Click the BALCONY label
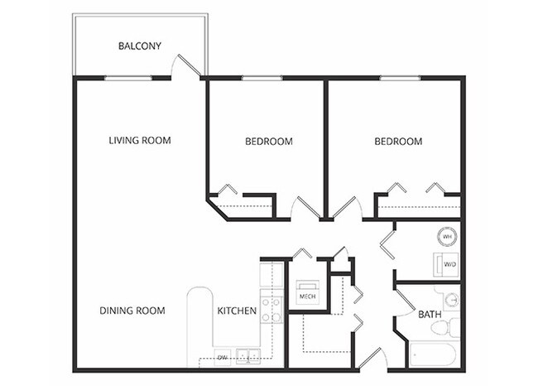click(x=139, y=46)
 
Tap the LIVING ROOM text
click(x=140, y=140)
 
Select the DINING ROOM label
click(x=132, y=311)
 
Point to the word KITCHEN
click(x=236, y=311)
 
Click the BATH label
click(x=430, y=315)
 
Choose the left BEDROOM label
click(x=269, y=142)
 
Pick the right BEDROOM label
click(x=398, y=142)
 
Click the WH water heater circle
click(x=447, y=237)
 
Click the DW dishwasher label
click(x=222, y=358)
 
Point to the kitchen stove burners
click(x=271, y=309)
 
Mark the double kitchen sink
click(x=247, y=357)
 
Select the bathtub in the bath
click(x=431, y=357)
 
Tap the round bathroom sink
click(x=451, y=300)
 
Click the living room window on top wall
click(x=127, y=78)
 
